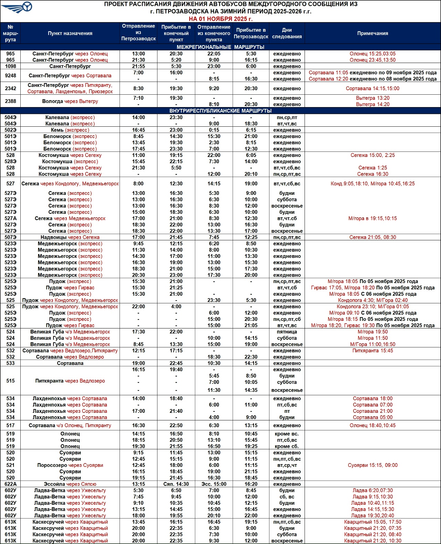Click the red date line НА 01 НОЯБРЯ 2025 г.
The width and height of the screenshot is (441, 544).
coord(220,19)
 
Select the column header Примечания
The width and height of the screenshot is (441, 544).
coord(372,33)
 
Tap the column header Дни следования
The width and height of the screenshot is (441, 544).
coord(287,33)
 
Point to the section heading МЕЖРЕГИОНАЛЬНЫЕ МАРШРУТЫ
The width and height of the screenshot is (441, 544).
coord(220,47)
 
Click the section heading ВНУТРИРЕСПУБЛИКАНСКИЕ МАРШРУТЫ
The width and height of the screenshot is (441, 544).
coord(220,111)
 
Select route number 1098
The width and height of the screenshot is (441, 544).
coord(11,66)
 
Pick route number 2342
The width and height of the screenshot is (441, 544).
coord(11,88)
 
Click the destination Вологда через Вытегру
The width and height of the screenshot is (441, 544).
coord(70,101)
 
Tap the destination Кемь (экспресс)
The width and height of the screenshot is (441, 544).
coord(70,130)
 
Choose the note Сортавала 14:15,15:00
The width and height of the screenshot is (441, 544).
coord(372,88)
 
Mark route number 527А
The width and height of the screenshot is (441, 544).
coord(11,218)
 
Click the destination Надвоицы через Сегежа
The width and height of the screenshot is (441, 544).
coord(70,237)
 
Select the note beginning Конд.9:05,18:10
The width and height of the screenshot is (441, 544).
coord(372,184)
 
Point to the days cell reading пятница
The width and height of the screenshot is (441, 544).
coord(287,332)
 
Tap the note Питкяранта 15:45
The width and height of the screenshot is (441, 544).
coord(372,351)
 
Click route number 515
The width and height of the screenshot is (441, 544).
coord(11,381)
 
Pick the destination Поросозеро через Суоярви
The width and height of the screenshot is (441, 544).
coord(70,465)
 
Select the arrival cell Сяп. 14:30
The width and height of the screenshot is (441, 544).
coord(176,484)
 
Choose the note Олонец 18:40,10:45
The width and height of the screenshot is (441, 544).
coord(372,426)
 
